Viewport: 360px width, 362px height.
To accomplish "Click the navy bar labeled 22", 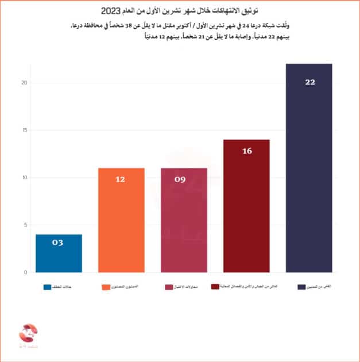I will [309, 172].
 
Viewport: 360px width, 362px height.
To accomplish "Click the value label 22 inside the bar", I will [310, 83].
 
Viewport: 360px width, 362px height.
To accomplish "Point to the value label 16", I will [247, 151].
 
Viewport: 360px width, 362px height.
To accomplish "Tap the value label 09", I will [181, 180].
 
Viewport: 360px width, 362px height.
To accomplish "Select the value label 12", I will [121, 180].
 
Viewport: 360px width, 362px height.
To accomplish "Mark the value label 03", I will [57, 243].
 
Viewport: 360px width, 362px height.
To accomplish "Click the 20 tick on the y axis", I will [24, 83].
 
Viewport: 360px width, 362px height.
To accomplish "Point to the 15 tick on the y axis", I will [24, 130].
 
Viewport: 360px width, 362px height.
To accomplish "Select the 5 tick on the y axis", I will [25, 225].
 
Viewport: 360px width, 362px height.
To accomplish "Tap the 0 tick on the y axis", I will [25, 272].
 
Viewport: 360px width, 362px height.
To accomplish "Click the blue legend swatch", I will [47, 286].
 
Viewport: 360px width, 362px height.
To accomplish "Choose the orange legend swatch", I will [106, 286].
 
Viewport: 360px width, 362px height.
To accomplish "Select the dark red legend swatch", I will [215, 286].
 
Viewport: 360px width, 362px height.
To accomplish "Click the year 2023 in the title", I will [112, 11].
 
